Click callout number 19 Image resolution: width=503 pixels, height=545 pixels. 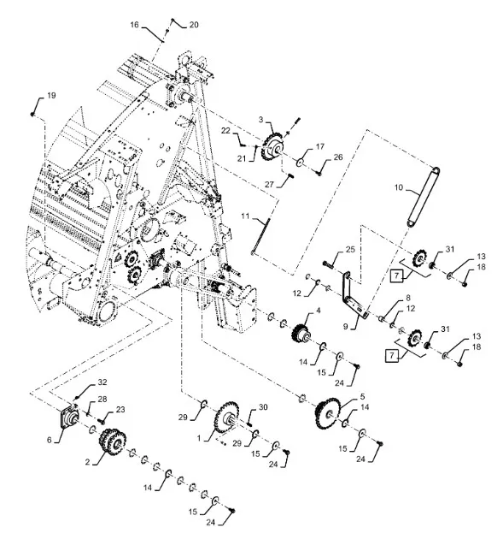[x=51, y=95]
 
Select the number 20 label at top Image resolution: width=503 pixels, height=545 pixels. [x=194, y=25]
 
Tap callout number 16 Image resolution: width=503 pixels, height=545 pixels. [x=135, y=25]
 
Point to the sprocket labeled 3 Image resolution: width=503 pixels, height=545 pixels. [x=272, y=148]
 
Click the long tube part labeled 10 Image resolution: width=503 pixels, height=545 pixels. [x=423, y=197]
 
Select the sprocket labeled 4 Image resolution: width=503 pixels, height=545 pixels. [x=301, y=334]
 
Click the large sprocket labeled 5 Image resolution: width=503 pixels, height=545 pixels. [x=327, y=413]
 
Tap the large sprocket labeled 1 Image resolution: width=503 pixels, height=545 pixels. [x=226, y=418]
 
